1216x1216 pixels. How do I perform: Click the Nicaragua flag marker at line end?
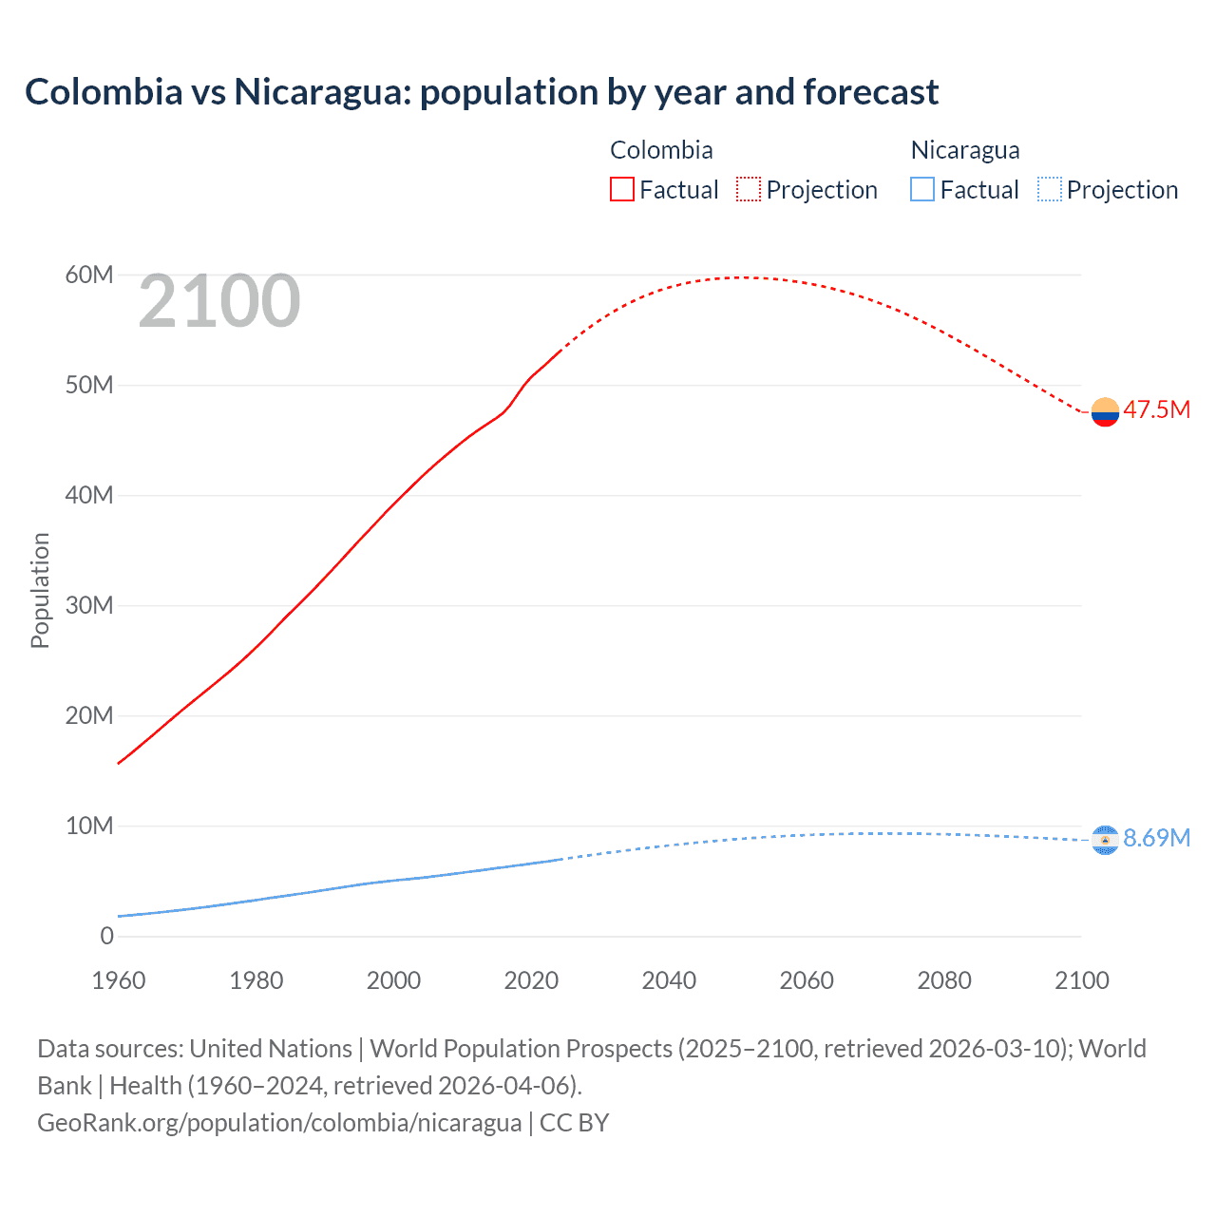pos(1105,840)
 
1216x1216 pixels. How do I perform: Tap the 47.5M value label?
pos(1156,409)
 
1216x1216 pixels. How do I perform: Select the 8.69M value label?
pos(1156,838)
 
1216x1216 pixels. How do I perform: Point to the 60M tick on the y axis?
pos(89,275)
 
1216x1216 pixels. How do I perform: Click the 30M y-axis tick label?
pos(89,605)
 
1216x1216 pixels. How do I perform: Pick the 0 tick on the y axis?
pos(106,936)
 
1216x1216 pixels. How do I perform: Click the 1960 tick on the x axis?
pos(119,980)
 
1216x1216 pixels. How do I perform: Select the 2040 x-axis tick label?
pos(669,980)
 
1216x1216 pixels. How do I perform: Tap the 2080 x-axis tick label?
pos(944,980)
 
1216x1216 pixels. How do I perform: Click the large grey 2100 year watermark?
pos(219,301)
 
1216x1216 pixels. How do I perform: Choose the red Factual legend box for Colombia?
pos(621,190)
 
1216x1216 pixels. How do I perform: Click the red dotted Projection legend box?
pos(749,190)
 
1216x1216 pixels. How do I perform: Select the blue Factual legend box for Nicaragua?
pos(922,190)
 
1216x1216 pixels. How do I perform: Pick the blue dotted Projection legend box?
pos(1050,190)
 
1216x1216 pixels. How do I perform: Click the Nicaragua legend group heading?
pos(965,150)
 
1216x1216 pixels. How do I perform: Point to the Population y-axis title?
pos(40,590)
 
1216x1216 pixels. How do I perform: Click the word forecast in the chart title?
pos(870,92)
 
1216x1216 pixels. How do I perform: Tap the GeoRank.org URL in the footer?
pos(279,1122)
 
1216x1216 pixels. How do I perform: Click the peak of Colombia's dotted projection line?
pos(746,277)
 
